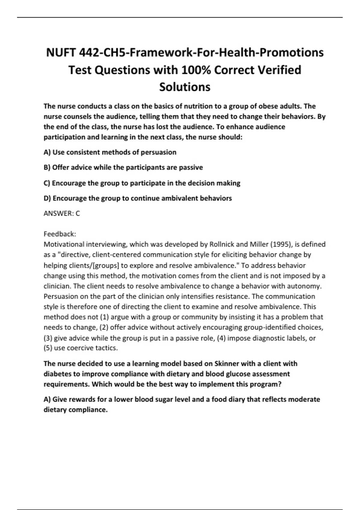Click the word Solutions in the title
click(184, 87)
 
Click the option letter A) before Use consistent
click(47, 152)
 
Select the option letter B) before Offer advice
click(47, 167)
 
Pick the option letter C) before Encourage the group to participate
click(47, 183)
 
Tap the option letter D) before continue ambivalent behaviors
click(47, 198)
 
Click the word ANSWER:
click(58, 214)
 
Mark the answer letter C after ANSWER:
click(78, 214)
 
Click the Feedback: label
click(60, 234)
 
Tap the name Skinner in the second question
click(226, 364)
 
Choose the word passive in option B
click(191, 167)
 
